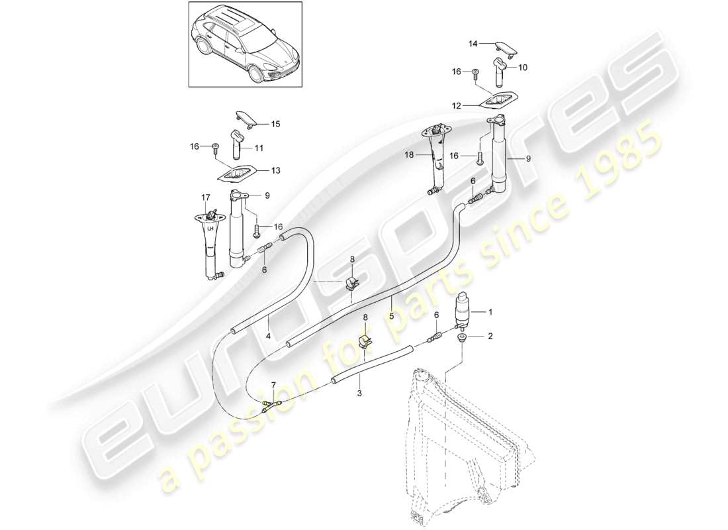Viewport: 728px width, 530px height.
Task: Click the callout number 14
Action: pos(473,44)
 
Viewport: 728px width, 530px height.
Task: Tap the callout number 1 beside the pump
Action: pos(490,311)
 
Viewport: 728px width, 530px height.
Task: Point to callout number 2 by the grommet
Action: pos(490,337)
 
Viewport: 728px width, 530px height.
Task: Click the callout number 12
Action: pos(456,105)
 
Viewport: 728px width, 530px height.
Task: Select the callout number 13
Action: pos(256,170)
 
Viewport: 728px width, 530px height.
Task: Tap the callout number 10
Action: pos(523,68)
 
